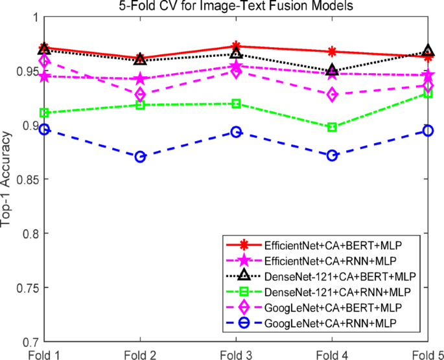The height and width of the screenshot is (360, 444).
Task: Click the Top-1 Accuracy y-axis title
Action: pyautogui.click(x=7, y=179)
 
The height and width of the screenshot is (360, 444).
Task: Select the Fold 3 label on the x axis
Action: pyautogui.click(x=236, y=354)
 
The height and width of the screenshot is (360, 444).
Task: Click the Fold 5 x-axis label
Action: pyautogui.click(x=427, y=354)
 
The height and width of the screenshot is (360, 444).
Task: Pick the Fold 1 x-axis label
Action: pyautogui.click(x=44, y=354)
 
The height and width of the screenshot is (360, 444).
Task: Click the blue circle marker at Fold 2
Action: pyautogui.click(x=140, y=157)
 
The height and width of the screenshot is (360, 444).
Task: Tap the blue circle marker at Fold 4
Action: pyautogui.click(x=332, y=155)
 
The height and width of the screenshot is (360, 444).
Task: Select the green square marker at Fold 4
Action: pyautogui.click(x=332, y=128)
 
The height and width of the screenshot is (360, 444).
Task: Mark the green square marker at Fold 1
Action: pyautogui.click(x=44, y=113)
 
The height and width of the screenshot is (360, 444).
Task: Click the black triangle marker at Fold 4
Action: pyautogui.click(x=332, y=71)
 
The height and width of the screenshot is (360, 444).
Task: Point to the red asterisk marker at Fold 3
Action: pyautogui.click(x=236, y=46)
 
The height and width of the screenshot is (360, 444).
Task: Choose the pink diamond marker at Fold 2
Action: pyautogui.click(x=140, y=95)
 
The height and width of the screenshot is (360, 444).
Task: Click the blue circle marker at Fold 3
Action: pyautogui.click(x=236, y=132)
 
